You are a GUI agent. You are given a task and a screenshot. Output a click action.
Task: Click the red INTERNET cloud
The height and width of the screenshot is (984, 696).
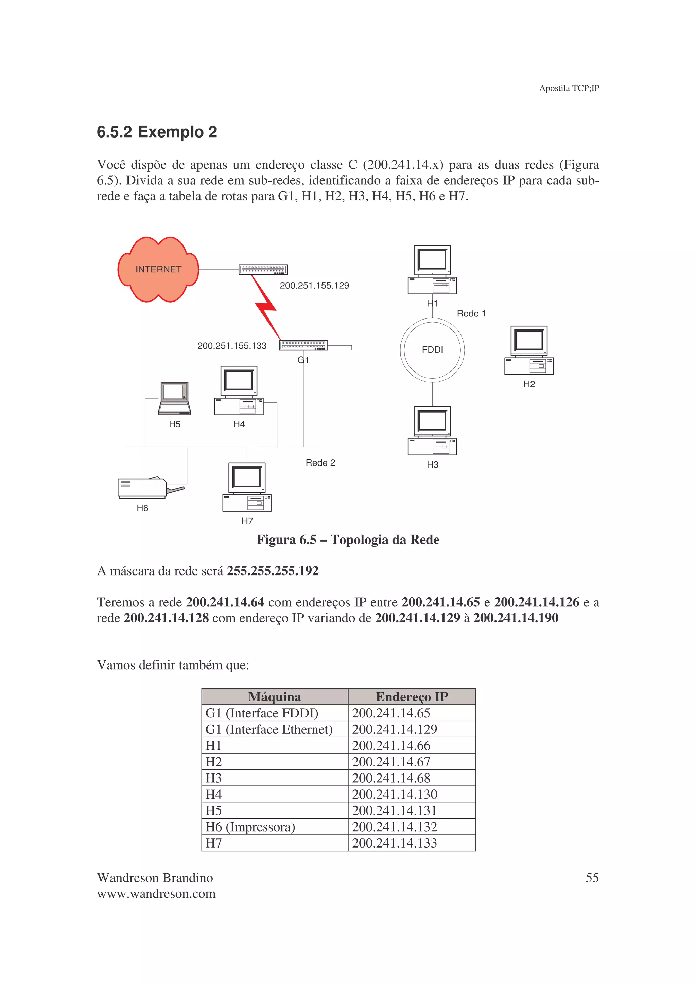158,269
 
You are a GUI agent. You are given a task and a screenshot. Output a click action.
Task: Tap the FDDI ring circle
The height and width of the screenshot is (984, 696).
432,350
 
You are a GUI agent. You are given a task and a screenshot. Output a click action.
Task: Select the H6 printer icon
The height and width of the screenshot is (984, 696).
146,488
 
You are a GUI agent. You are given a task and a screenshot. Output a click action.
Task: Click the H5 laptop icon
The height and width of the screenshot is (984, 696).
174,399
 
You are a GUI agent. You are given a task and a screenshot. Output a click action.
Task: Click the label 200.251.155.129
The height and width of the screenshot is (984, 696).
314,286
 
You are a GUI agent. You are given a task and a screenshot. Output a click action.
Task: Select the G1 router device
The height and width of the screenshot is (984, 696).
303,345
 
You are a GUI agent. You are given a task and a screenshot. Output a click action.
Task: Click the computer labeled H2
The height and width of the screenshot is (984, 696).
529,350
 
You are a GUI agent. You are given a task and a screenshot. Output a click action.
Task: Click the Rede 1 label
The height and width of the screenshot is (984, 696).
471,313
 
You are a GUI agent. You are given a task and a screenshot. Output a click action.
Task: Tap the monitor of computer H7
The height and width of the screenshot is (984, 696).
247,478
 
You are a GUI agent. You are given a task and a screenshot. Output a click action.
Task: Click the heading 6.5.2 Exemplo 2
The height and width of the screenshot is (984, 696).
157,131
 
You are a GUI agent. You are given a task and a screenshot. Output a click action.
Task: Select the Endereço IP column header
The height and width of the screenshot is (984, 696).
412,697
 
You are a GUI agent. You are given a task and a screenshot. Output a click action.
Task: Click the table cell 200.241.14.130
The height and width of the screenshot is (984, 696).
395,794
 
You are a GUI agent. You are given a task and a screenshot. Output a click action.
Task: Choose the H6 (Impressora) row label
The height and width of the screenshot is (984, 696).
250,827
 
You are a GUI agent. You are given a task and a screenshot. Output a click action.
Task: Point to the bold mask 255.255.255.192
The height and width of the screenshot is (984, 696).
273,571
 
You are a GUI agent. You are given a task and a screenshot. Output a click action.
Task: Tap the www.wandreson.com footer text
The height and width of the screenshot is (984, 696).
156,894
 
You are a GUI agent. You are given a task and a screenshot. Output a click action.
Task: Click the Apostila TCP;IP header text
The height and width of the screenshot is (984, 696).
569,88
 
